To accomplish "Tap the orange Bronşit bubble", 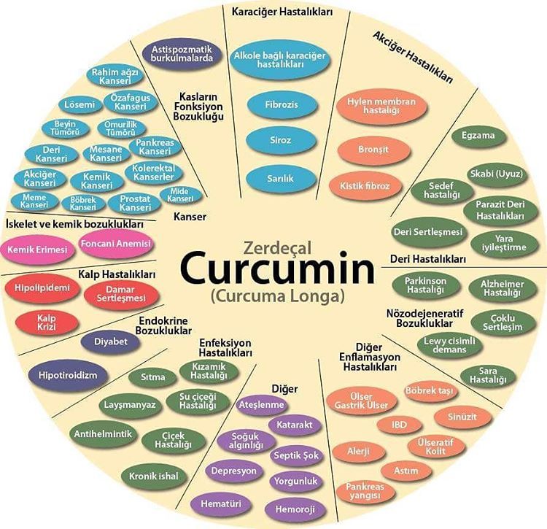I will click(374, 150).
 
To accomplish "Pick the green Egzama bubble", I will click(483, 136).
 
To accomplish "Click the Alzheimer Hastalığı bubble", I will click(503, 287).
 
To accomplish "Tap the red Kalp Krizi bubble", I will click(47, 322).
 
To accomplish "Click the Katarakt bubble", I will click(295, 423).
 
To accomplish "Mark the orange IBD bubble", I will click(400, 425).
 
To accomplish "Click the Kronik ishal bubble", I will click(153, 476).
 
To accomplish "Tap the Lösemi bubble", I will click(79, 104).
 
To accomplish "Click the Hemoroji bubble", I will click(296, 508).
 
